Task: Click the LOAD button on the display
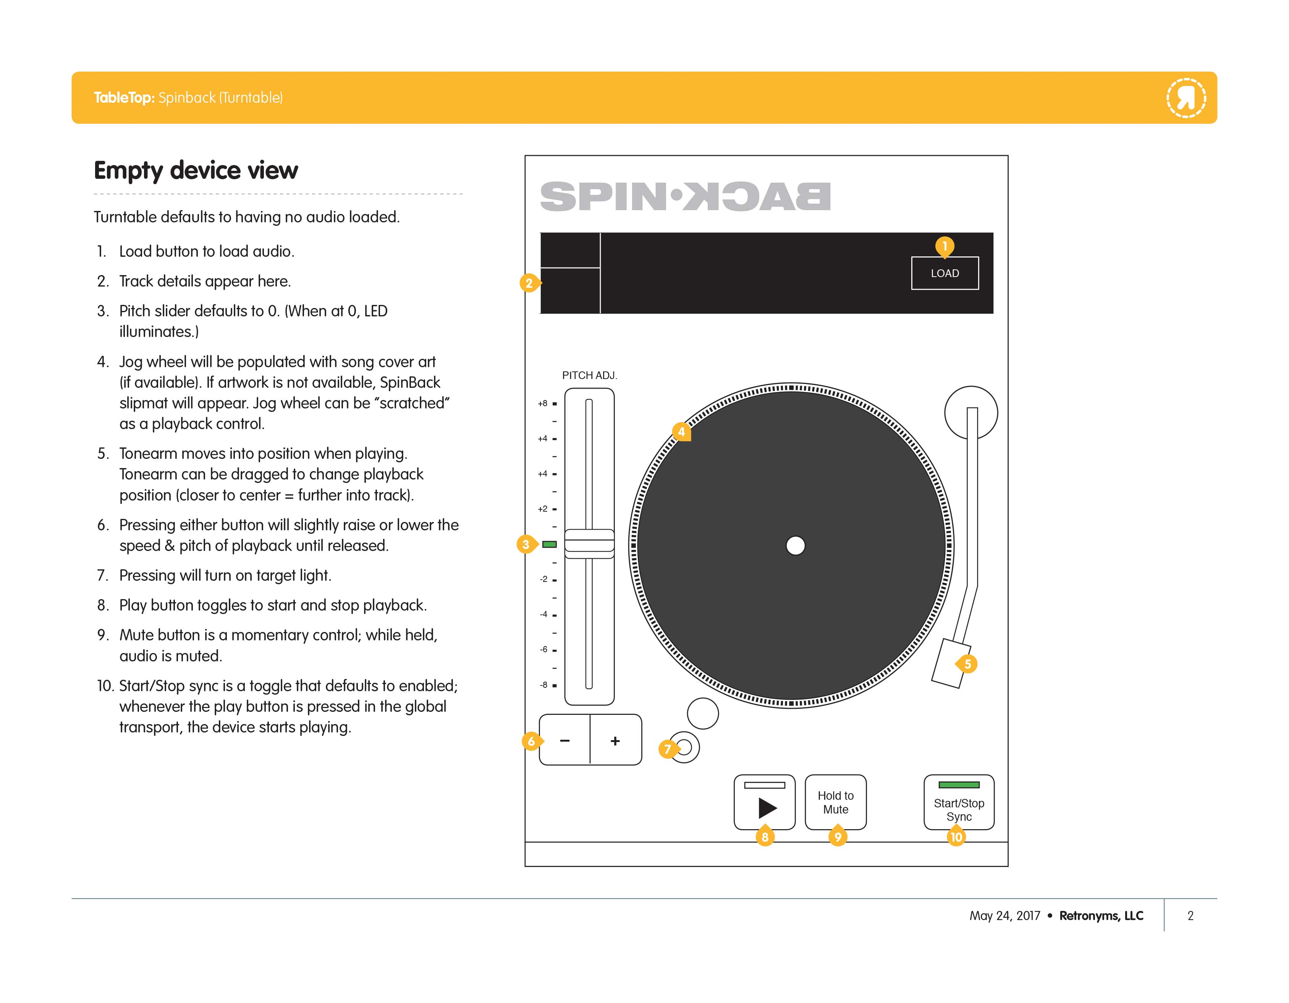pos(945,273)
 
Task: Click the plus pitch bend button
pos(615,740)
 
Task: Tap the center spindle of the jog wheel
pos(795,546)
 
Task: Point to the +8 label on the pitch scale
pos(542,404)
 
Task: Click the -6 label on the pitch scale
pos(543,650)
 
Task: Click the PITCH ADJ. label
pos(589,376)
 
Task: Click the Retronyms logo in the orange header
pos(1186,97)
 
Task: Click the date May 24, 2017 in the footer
pos(1004,916)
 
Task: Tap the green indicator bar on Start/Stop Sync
pos(959,784)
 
